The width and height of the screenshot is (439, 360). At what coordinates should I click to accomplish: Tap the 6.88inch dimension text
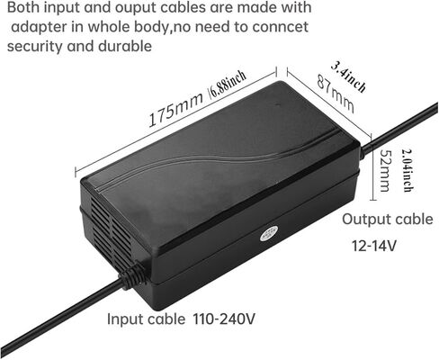point(228,85)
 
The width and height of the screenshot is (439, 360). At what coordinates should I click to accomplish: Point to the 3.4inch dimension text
point(349,76)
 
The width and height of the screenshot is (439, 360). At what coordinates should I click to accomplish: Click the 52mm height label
point(384,170)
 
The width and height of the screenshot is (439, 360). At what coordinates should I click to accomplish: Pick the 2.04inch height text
point(408,170)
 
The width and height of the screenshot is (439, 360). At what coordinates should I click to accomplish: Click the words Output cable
point(388,220)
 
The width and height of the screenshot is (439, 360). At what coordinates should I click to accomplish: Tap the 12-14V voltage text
point(374,246)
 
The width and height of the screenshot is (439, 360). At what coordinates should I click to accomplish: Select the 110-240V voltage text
point(224,319)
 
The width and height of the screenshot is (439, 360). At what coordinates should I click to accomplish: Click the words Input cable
point(146,319)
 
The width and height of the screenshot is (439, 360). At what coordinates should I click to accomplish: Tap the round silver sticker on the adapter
point(269,234)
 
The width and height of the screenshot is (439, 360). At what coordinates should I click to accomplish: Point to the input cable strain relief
point(133,275)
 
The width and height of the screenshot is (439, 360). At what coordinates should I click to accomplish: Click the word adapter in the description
point(39,27)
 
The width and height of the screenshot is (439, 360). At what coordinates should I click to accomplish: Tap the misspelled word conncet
point(280,27)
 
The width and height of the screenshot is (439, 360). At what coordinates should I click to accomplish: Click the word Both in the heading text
point(23,7)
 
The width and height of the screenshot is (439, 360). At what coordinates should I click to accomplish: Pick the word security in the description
point(35,47)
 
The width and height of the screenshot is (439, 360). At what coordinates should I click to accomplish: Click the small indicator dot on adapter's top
point(276,105)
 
